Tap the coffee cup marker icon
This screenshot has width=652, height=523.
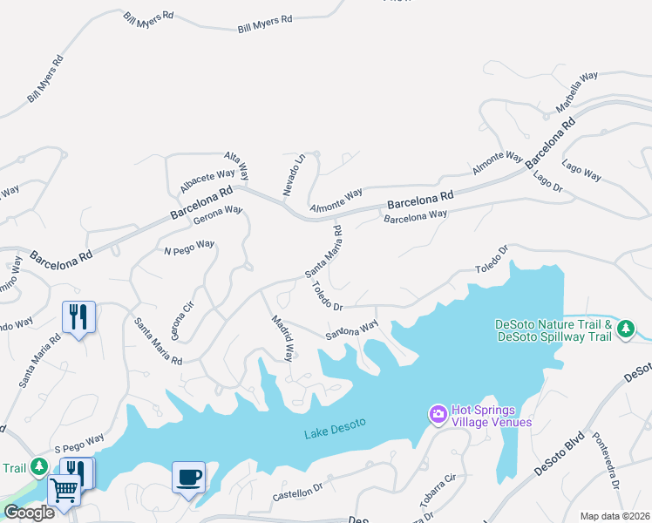point(189,477)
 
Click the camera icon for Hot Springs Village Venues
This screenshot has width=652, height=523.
point(438,411)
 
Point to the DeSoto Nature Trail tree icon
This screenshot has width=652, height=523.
point(625,329)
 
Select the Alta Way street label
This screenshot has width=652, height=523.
point(237,164)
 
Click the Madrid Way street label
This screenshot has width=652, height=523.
point(282,337)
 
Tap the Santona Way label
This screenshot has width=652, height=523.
point(352,329)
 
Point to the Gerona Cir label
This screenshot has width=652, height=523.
point(181,322)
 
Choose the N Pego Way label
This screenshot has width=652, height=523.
point(189,248)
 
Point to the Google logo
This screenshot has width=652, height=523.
point(29,513)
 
